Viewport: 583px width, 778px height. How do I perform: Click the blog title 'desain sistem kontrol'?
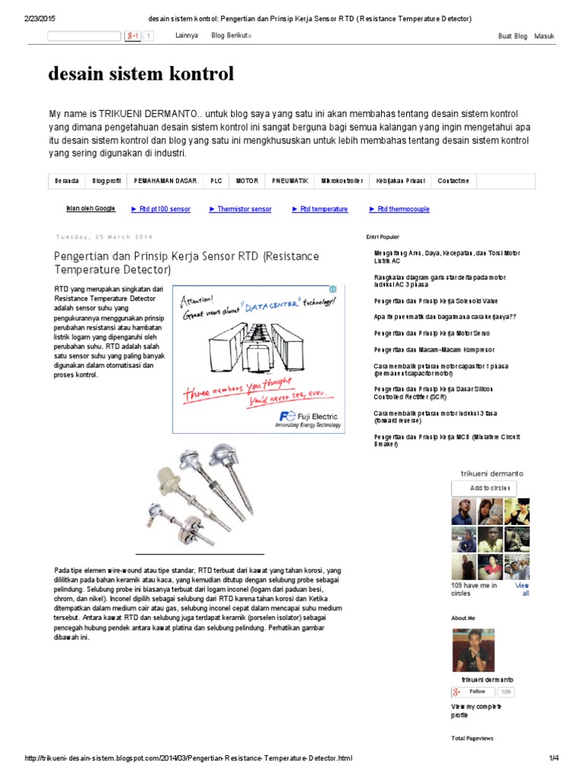point(140,74)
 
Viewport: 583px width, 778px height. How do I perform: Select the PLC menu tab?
point(216,182)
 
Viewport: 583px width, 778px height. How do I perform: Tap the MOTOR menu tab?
point(247,182)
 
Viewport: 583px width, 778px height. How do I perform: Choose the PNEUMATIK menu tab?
point(290,182)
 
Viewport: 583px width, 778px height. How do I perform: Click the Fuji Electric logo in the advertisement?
point(310,419)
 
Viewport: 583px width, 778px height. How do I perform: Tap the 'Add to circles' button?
point(484,488)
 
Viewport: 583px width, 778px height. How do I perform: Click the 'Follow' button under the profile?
point(476,691)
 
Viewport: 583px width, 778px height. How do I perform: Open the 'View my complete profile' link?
point(476,710)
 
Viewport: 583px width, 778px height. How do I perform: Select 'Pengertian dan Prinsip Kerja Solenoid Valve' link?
point(436,302)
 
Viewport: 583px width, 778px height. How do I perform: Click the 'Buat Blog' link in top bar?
point(512,36)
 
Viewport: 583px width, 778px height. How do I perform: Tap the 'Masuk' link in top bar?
point(544,36)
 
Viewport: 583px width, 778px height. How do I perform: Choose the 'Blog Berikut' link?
point(232,36)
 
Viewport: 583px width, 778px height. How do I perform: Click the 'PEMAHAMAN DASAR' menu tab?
point(165,182)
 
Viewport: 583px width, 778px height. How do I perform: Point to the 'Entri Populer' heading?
point(383,237)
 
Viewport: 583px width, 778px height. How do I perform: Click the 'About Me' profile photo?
point(473,650)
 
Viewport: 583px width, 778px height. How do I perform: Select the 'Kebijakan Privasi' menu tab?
point(400,182)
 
